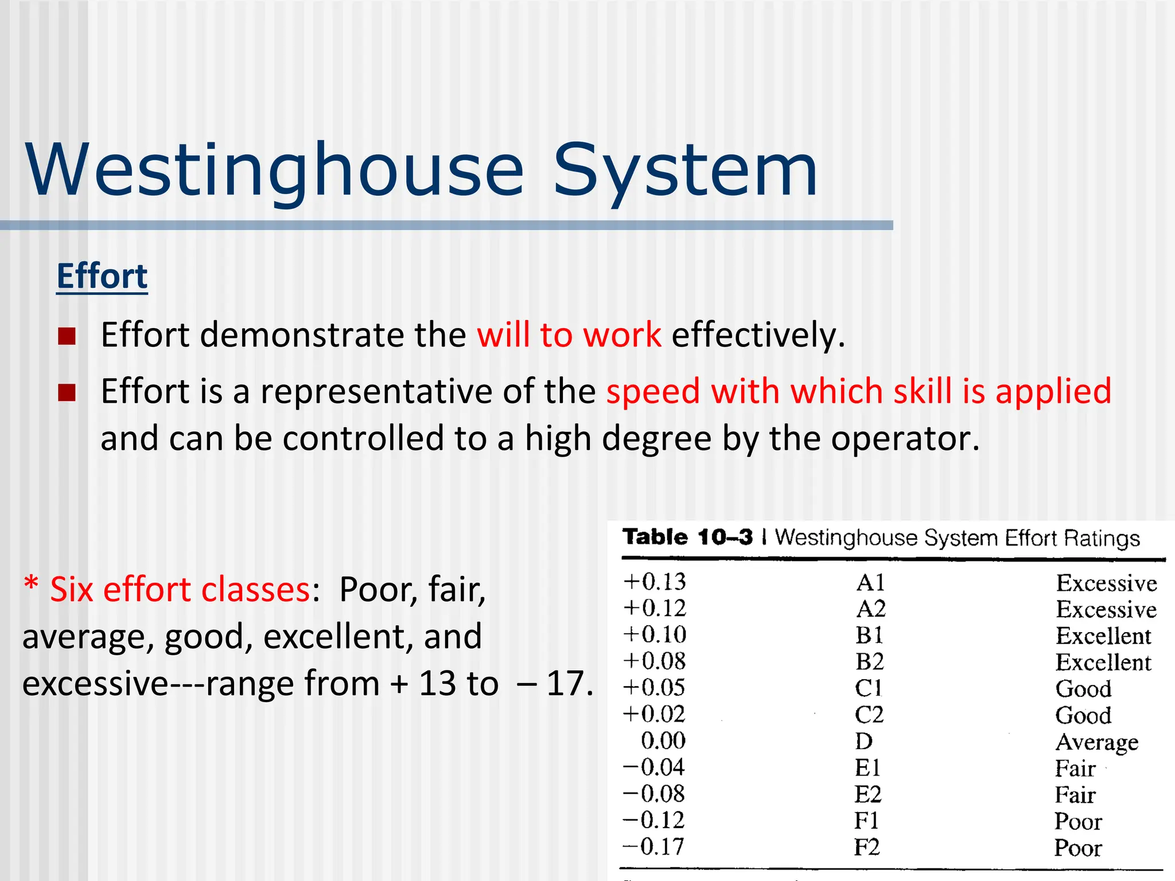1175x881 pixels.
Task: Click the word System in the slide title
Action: pos(685,170)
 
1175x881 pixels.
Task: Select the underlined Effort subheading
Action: pos(102,276)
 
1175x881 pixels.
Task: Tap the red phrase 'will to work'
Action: pos(569,335)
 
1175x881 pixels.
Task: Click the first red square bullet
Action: pos(67,336)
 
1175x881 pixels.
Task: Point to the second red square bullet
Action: pos(67,393)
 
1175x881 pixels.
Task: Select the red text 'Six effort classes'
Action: pos(180,590)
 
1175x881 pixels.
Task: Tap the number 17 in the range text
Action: pos(566,684)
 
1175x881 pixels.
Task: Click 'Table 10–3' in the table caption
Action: pos(687,537)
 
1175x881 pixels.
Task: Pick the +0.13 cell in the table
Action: pos(655,582)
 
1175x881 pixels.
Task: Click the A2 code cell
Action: pos(870,609)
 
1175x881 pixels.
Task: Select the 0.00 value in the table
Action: pos(663,741)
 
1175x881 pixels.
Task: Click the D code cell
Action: pos(863,742)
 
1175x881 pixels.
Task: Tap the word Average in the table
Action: pos(1096,743)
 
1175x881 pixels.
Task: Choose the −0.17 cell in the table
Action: pos(653,847)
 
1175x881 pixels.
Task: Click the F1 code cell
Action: pos(866,821)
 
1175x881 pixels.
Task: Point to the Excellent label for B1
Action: pos(1103,636)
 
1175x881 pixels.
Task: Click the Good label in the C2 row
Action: pos(1083,716)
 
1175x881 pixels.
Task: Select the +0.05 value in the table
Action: pos(655,688)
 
